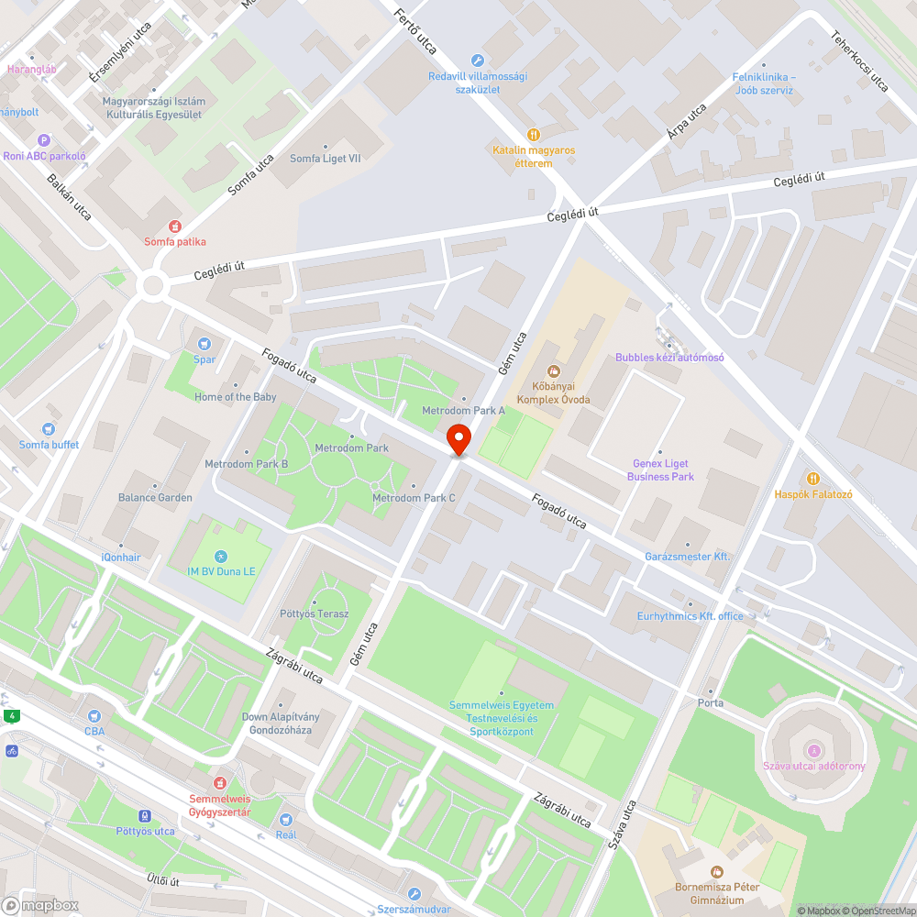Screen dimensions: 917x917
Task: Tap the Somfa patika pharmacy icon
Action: [174, 226]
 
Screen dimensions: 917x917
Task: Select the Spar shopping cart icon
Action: [204, 343]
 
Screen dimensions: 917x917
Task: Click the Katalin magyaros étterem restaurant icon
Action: [534, 134]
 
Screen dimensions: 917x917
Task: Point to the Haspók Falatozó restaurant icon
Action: [812, 478]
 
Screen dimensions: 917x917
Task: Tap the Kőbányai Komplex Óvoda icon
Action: [553, 371]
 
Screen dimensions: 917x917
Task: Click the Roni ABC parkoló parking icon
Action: [43, 140]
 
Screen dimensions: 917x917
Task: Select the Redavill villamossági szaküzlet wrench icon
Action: [477, 61]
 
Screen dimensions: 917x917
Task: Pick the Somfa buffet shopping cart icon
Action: [49, 429]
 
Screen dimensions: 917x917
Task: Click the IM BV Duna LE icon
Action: [220, 557]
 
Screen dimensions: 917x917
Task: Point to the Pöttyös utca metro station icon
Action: [144, 815]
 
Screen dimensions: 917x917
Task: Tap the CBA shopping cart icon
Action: [94, 715]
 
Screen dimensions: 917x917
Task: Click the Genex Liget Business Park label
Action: [660, 470]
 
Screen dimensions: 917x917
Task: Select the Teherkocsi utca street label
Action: [859, 61]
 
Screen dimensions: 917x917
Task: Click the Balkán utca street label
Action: [69, 196]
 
